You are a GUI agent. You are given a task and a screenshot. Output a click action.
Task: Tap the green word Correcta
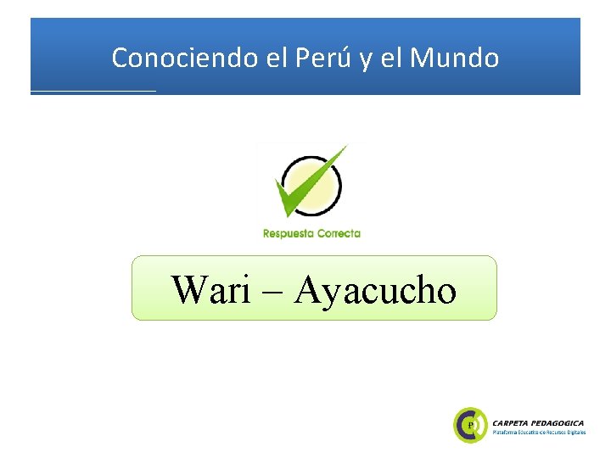(339, 233)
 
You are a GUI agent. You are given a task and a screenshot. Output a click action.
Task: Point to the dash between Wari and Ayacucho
(273, 292)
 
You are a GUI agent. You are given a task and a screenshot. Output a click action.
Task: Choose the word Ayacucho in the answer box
(375, 289)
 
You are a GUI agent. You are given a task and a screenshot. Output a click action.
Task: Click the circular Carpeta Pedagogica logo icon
(471, 424)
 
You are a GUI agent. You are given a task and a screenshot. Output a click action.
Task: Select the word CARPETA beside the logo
(515, 422)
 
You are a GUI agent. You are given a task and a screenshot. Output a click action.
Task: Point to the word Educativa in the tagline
(530, 433)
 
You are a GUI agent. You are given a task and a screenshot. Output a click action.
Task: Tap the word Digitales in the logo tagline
(578, 433)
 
